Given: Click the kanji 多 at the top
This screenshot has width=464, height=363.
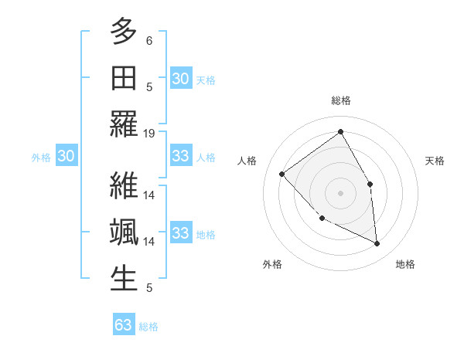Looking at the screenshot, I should (124, 32).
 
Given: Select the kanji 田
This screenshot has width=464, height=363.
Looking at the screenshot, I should (124, 78).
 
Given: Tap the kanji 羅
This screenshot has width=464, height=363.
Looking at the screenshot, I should (124, 124).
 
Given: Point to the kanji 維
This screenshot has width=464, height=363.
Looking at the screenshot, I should (124, 186).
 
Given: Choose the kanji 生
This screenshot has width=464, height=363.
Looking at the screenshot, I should (124, 279).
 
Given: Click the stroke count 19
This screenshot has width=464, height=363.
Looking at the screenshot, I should (149, 133).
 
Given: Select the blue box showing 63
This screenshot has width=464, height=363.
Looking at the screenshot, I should (124, 325).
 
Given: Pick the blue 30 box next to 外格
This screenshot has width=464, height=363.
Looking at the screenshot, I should (66, 156).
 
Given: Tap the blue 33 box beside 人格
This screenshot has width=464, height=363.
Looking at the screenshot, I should (180, 156).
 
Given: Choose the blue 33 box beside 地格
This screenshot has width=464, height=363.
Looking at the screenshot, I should (180, 233).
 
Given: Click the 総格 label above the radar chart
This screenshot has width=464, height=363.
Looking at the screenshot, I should (340, 100).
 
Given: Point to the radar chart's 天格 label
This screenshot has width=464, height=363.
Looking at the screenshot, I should (435, 161).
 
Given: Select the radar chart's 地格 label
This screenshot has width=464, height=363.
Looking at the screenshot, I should (405, 264).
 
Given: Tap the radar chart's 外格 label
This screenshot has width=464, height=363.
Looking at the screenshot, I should (272, 264).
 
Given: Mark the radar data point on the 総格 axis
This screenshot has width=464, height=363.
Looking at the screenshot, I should (340, 131).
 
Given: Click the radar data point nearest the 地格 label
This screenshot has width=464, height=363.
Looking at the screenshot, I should (377, 244).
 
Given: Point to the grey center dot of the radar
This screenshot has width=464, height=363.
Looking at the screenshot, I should (340, 192).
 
